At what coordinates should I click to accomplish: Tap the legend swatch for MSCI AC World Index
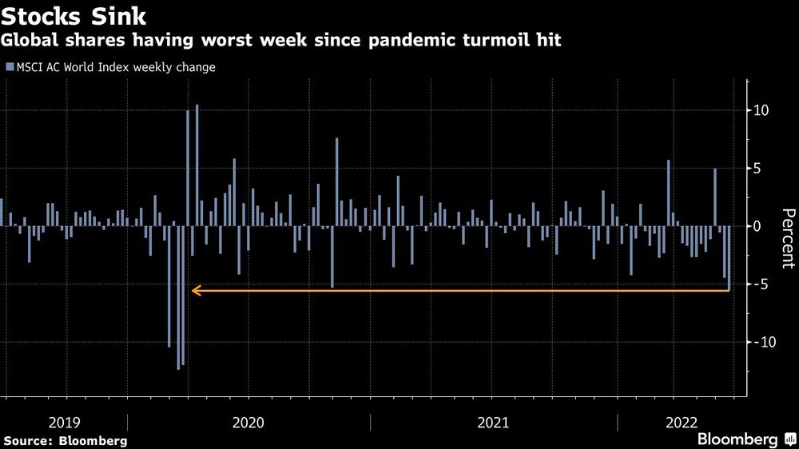tap(9, 68)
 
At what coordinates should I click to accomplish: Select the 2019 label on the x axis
tap(64, 421)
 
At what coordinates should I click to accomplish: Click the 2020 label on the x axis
tap(248, 421)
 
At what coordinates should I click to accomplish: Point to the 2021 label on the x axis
tap(493, 421)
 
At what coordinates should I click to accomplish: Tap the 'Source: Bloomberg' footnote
tap(65, 440)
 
